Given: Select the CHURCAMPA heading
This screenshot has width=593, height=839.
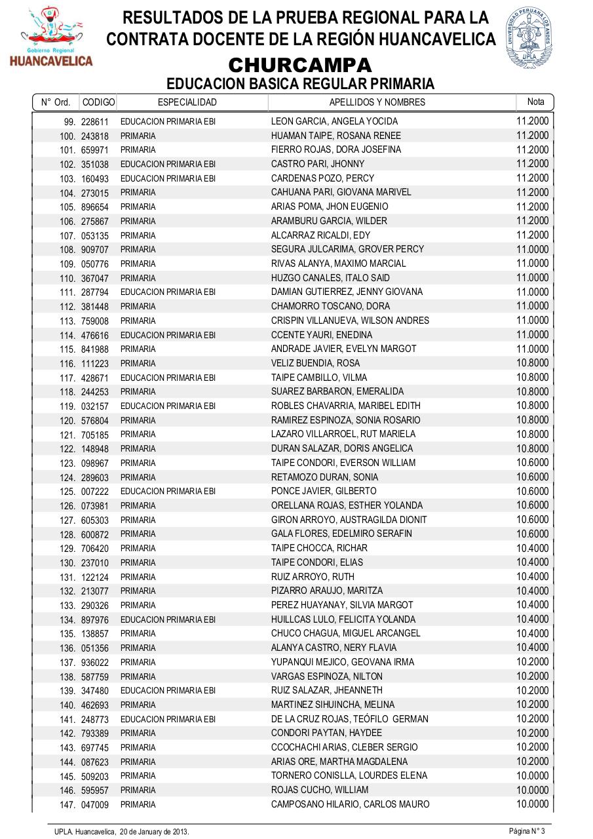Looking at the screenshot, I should coord(300,66).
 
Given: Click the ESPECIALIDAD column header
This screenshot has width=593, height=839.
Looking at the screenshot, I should coord(187,102).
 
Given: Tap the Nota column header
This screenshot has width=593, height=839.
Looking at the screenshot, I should coord(535,102).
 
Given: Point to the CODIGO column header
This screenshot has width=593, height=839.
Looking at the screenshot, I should coord(98,102).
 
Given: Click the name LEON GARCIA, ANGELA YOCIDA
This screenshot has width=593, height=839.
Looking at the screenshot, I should coord(325,121).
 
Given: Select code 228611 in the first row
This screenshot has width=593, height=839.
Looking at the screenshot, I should coord(95,122).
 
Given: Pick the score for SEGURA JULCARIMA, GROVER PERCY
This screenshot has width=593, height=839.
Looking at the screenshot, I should coord(532,249).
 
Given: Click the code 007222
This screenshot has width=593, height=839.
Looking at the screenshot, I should coord(95,492).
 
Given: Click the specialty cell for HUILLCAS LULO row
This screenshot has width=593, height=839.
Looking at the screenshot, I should coord(168,619).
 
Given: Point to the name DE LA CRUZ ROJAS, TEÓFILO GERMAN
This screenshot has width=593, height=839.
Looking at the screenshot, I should coord(349,719).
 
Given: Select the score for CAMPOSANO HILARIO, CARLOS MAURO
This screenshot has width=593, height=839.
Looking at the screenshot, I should coord(532,804).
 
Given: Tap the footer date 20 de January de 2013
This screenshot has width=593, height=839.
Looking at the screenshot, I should coord(154,831).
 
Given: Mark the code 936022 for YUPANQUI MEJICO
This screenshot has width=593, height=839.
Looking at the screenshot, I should coord(95,663).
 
